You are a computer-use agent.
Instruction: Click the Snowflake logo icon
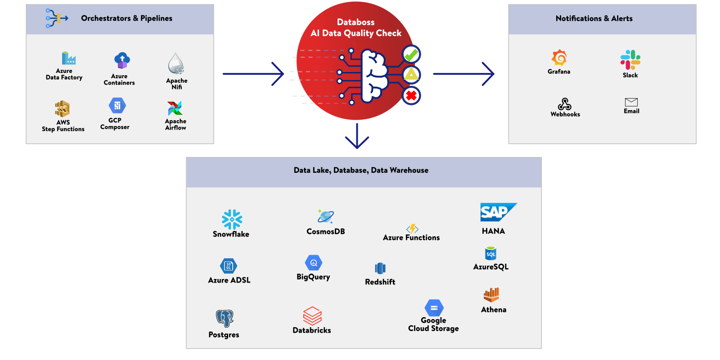[232, 219]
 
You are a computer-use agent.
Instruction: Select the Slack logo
[630, 60]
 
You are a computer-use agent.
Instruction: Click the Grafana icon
[559, 58]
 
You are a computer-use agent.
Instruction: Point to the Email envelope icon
[631, 102]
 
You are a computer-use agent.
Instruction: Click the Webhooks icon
[564, 104]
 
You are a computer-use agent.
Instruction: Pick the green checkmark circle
[411, 54]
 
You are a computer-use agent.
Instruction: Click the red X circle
[411, 95]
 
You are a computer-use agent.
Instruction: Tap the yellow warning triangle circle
[411, 75]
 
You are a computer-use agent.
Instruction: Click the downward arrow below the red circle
[357, 136]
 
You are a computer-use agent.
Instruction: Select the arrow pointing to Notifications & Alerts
[463, 74]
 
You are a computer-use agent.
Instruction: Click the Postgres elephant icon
[225, 318]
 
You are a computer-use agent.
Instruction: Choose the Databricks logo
[312, 315]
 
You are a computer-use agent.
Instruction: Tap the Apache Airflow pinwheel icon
[175, 108]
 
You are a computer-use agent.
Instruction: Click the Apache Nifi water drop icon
[176, 64]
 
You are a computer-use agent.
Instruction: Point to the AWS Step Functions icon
[63, 109]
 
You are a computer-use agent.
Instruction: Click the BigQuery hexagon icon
[313, 263]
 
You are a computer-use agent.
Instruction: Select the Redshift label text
[380, 282]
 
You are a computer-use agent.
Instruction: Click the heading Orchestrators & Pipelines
[126, 18]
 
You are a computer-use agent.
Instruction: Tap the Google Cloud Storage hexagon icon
[434, 308]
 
